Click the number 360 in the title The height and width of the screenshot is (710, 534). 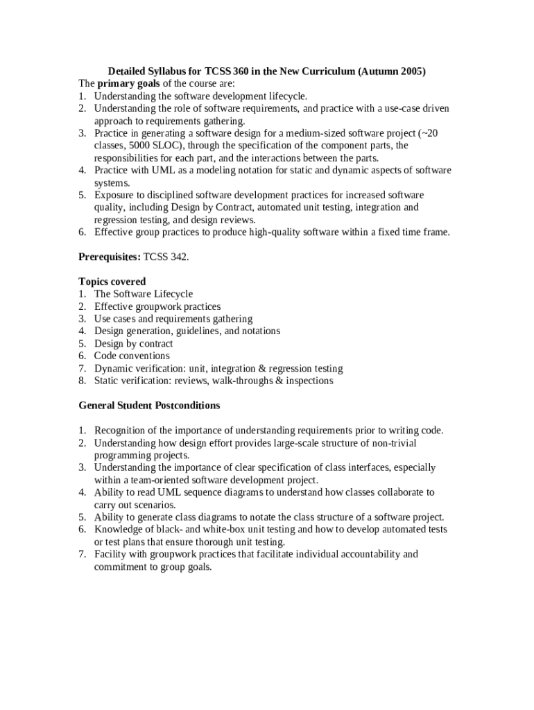(x=240, y=71)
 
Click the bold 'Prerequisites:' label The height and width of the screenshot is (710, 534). (x=110, y=257)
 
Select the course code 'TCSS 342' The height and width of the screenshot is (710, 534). (x=165, y=257)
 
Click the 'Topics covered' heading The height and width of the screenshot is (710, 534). (x=112, y=282)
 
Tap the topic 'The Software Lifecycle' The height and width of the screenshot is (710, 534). (x=144, y=294)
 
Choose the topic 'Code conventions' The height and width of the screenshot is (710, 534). (x=132, y=356)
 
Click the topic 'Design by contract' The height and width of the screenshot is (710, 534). (x=134, y=343)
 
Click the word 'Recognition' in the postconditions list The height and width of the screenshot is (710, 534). (x=121, y=431)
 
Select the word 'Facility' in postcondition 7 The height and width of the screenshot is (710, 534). (x=110, y=554)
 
